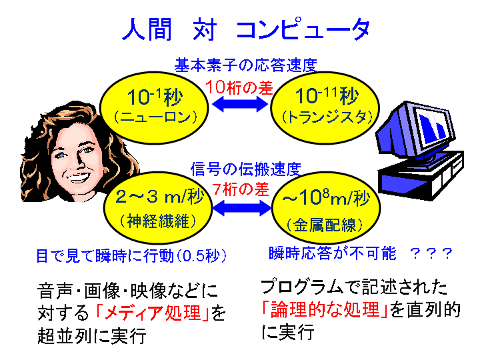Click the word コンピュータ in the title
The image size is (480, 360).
303,29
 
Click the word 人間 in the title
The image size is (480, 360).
147,29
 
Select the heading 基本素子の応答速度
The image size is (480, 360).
245,65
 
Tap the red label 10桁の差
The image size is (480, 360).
239,87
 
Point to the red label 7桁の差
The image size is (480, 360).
241,189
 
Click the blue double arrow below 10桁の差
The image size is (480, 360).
240,104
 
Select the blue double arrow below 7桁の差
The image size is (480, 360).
242,208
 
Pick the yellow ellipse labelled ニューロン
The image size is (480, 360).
155,108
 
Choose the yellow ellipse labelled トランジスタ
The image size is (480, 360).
325,108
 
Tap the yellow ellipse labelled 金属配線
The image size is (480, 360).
326,208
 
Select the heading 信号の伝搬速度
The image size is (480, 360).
246,169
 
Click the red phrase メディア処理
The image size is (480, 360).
153,313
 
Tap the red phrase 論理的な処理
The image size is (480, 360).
325,309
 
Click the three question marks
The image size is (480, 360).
431,254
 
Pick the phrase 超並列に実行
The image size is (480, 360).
91,336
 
